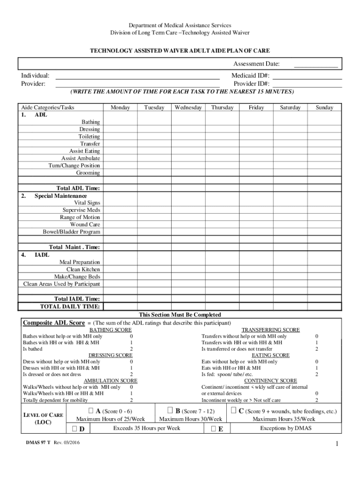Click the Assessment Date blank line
(315, 65)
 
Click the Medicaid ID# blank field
(308, 76)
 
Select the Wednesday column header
(188, 108)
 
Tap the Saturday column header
(290, 108)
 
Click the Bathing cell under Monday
(120, 122)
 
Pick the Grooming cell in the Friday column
(256, 173)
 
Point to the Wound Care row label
(85, 225)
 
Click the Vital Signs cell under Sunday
(324, 203)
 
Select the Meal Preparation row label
(79, 262)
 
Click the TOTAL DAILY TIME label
(70, 306)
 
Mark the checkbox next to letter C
(233, 411)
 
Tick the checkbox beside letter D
(75, 429)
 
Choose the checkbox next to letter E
(213, 429)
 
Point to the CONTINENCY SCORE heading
(270, 381)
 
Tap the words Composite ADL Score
(54, 323)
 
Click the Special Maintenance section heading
(60, 196)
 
